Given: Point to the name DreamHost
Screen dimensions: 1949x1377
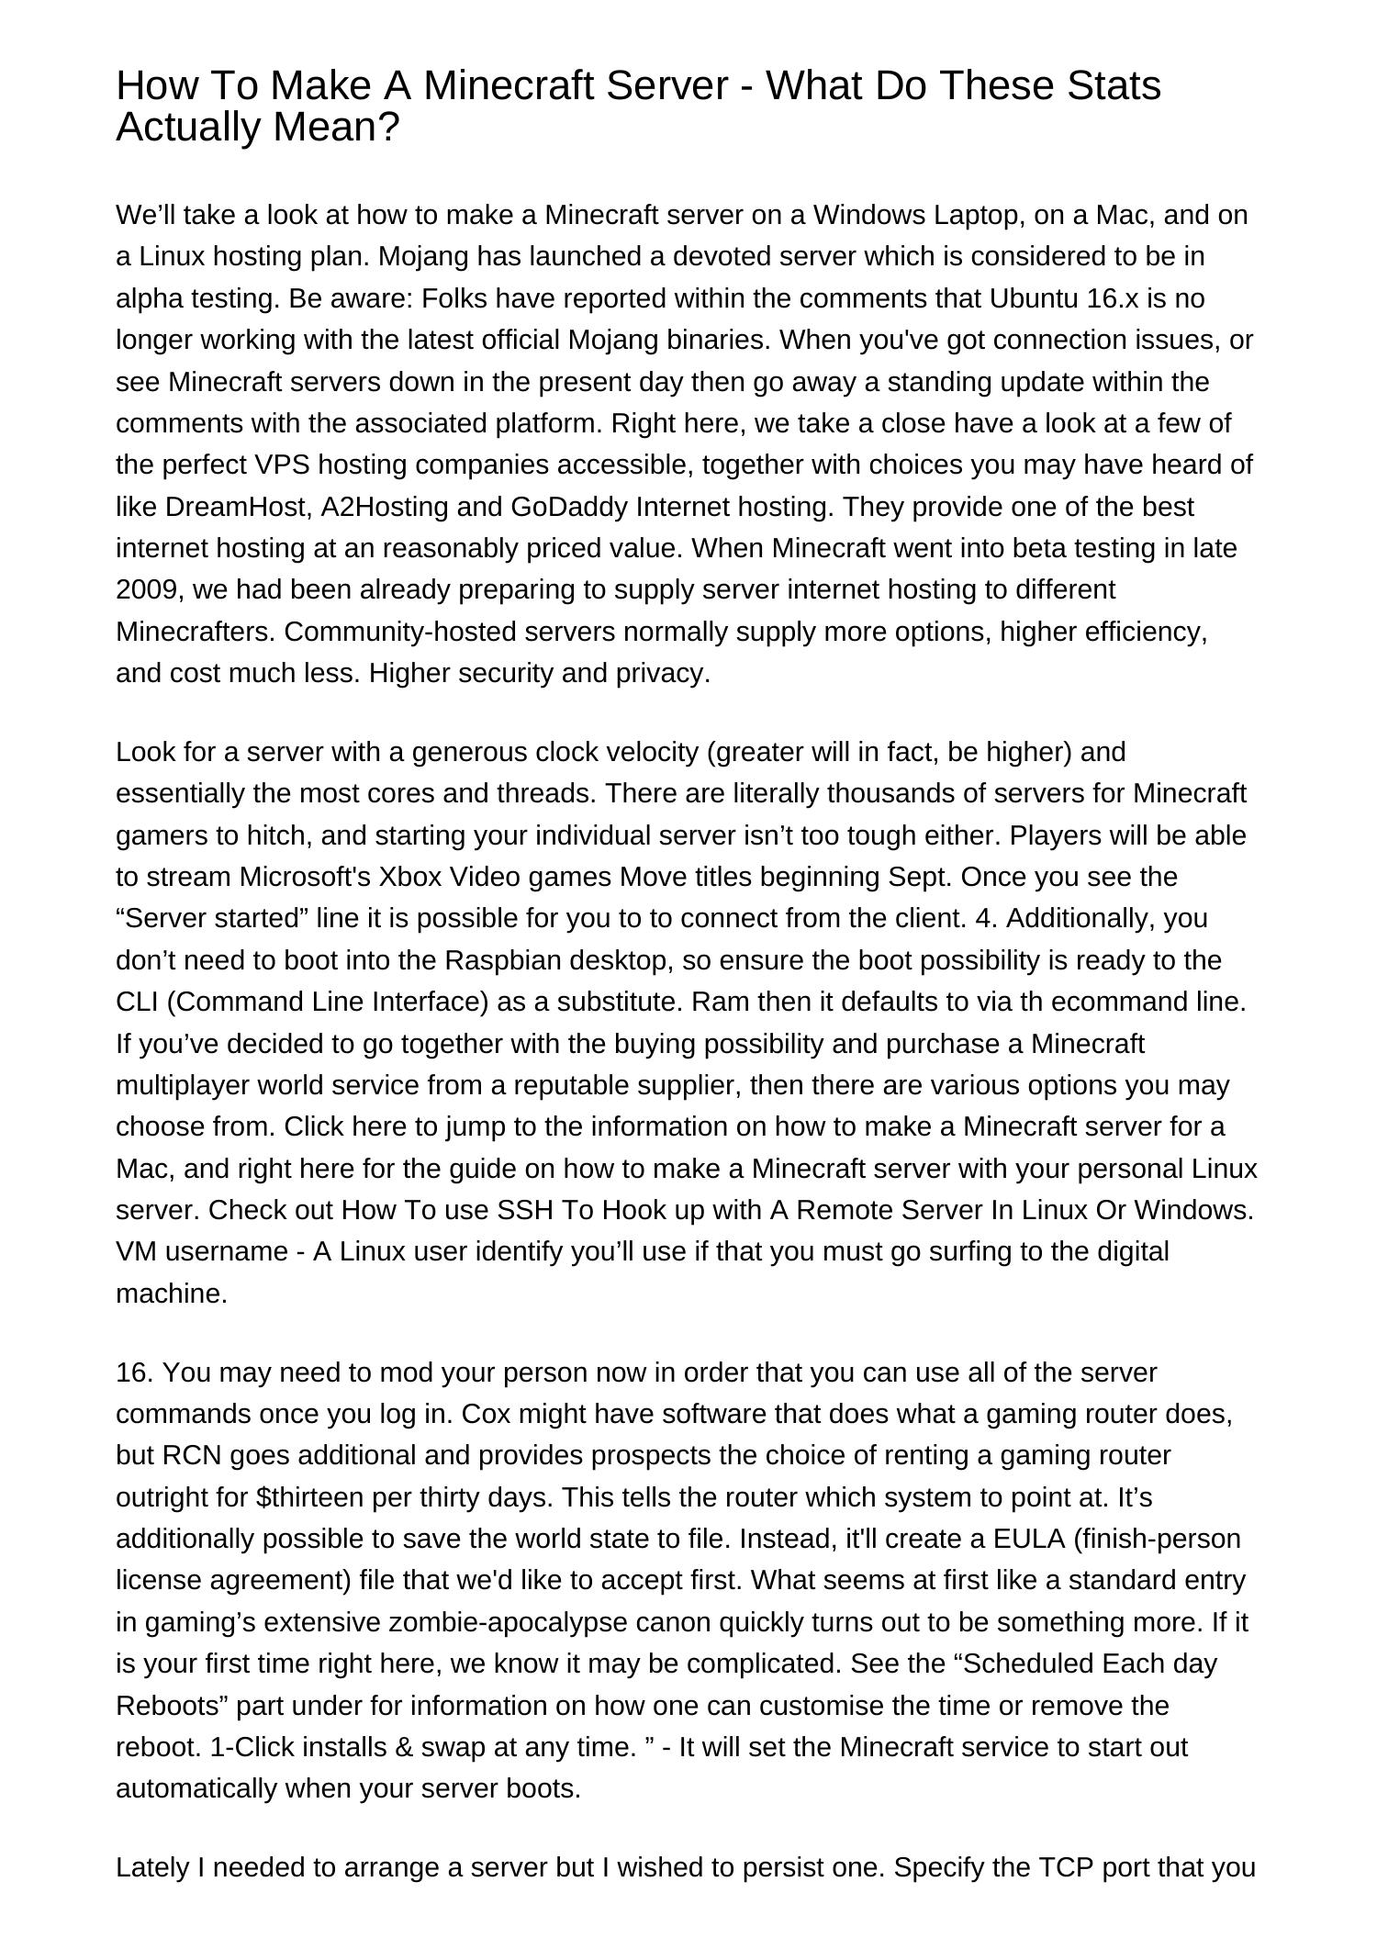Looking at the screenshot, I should point(239,506).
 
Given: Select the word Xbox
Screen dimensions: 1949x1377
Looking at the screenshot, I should point(406,877).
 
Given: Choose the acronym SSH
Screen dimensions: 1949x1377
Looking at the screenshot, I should point(524,1210).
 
